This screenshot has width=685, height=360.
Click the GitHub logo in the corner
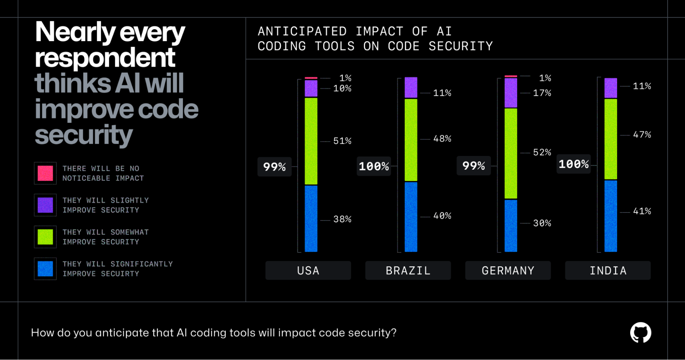pos(640,332)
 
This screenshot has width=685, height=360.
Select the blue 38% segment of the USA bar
pos(311,218)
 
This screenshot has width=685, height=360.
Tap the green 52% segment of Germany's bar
pos(511,153)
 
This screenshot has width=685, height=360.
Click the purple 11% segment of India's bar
pos(610,88)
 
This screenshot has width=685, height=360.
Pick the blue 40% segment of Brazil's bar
pos(411,217)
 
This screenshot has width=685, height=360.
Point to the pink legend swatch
pos(45,173)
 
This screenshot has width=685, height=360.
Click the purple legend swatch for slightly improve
pos(45,205)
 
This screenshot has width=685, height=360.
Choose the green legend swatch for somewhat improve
pos(45,237)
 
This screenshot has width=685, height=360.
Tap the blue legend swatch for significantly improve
pos(45,269)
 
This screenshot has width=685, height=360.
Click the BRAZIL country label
pos(408,271)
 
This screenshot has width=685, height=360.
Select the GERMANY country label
pos(508,271)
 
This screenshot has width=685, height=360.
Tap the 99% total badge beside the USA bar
pos(274,167)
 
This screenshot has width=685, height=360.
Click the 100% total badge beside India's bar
pos(573,164)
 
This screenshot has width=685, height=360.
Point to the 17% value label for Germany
pos(542,93)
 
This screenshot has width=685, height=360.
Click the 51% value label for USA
pos(342,141)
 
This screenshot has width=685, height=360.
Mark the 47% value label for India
pos(641,135)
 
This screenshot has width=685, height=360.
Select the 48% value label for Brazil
pos(442,139)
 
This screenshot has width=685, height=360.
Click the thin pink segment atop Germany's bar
pos(511,76)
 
